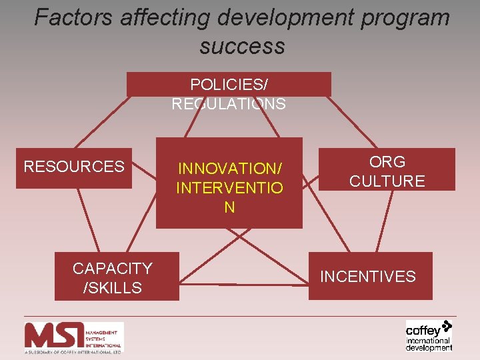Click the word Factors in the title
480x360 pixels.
pos(74,17)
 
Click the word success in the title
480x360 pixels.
pos(241,46)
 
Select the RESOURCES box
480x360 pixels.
pos(74,167)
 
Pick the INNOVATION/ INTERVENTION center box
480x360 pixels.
pos(229,183)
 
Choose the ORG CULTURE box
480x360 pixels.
pos(387,170)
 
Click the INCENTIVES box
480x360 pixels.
pos(369,276)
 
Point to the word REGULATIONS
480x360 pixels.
pos(229,104)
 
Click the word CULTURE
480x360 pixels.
pos(387,181)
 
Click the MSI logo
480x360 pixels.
pos(73,337)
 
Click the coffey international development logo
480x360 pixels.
pos(429,335)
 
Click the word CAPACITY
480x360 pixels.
pos(113,268)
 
